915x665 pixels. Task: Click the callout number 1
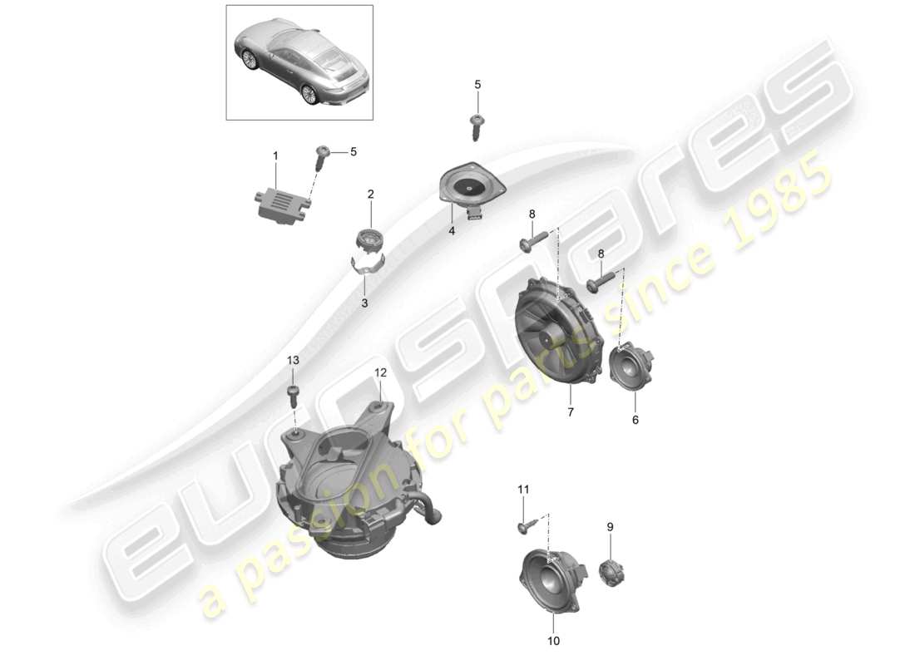pos(275,155)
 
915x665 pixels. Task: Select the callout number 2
pos(371,195)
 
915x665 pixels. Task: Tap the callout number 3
pos(364,303)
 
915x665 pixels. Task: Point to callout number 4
pos(452,231)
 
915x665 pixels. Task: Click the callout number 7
pos(571,412)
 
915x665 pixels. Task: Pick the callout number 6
pos(636,421)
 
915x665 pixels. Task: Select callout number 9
pos(609,526)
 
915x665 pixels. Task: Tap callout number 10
pos(554,641)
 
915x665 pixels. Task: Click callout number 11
pos(523,490)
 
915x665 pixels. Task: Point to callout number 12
pos(380,372)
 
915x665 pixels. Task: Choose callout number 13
pos(293,360)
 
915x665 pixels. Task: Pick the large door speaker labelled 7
pos(558,332)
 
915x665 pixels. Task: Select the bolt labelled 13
pos(293,392)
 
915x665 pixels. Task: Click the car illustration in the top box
pos(299,62)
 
